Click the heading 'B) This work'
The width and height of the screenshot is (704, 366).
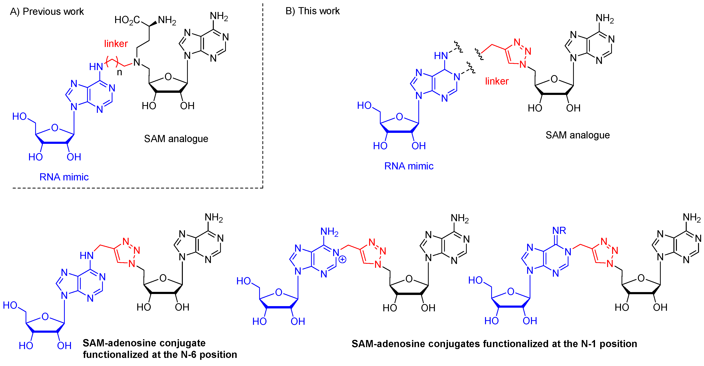tap(312, 11)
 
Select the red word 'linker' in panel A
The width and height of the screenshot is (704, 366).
tap(116, 44)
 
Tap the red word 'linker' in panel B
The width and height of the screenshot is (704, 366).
tap(497, 81)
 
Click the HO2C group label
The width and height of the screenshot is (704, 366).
tap(127, 20)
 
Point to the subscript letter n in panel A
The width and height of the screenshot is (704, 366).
tap(119, 72)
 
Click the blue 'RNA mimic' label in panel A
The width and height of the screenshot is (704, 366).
tap(64, 177)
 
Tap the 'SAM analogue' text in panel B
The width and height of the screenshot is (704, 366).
tap(578, 135)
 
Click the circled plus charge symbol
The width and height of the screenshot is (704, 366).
tap(342, 259)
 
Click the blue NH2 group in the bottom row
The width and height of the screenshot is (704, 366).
tap(329, 232)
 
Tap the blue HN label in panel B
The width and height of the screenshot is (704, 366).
tap(441, 56)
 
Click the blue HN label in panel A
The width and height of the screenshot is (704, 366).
tap(96, 67)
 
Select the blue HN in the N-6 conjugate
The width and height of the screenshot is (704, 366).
tap(87, 255)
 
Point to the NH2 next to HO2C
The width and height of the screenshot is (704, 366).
tap(167, 20)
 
